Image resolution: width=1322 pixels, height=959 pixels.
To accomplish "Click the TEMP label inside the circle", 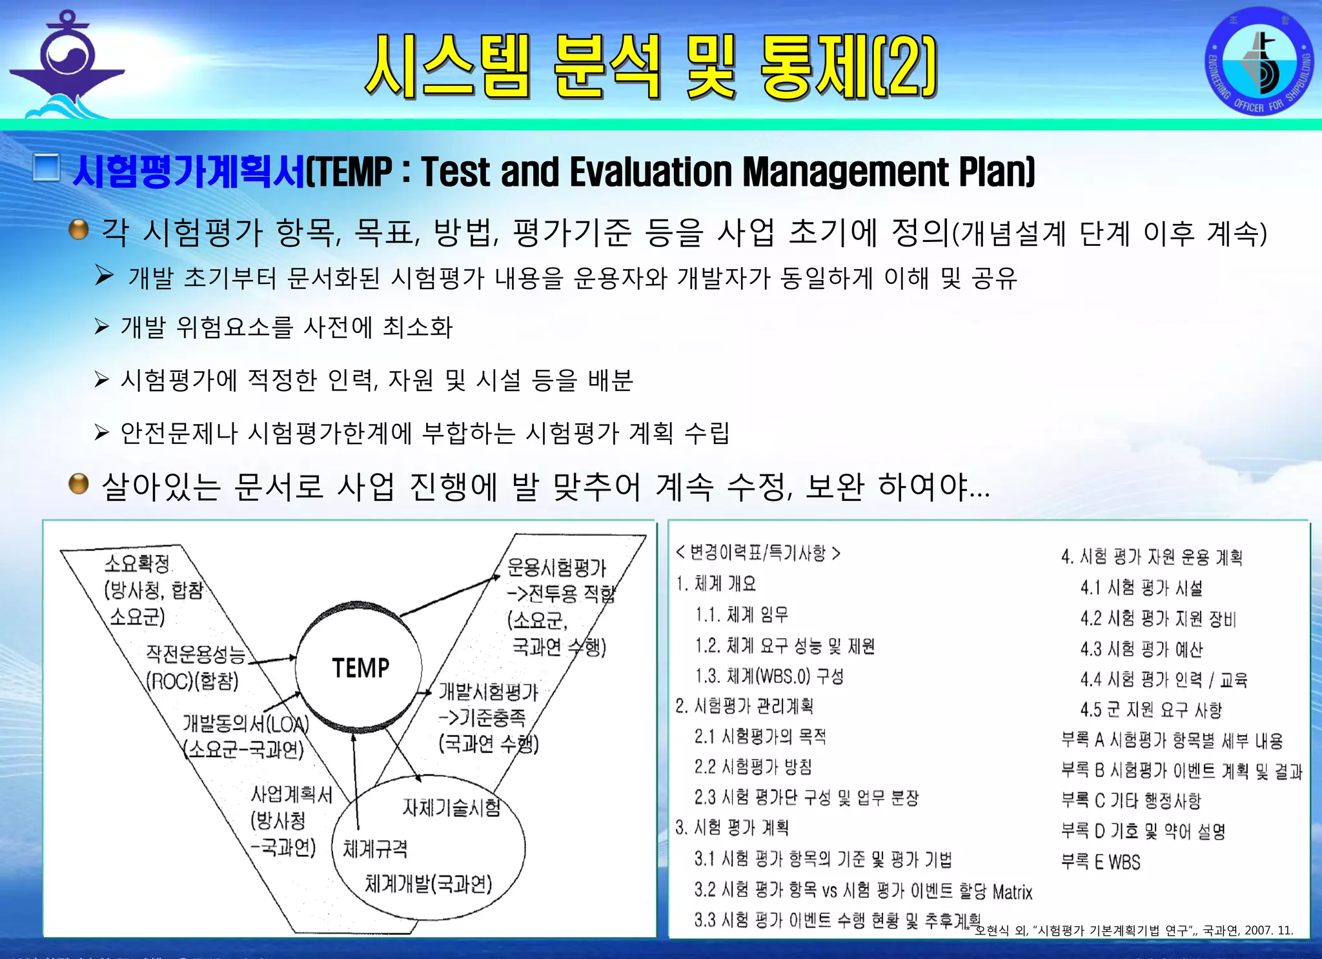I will pyautogui.click(x=360, y=668).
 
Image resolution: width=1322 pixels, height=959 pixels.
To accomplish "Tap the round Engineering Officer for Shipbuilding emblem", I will pyautogui.click(x=1259, y=62).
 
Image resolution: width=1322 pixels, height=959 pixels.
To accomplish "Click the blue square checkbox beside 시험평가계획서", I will pyautogui.click(x=46, y=168).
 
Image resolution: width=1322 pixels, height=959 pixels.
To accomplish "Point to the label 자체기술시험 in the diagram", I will pyautogui.click(x=451, y=807).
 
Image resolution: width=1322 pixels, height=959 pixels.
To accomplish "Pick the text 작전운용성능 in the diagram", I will pyautogui.click(x=196, y=654).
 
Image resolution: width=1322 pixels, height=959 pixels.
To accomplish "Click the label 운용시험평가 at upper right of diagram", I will pyautogui.click(x=556, y=567).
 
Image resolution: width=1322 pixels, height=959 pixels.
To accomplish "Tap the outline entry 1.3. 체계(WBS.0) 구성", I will pyautogui.click(x=769, y=676).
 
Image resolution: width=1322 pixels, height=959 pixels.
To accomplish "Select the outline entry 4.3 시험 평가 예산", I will pyautogui.click(x=1141, y=649).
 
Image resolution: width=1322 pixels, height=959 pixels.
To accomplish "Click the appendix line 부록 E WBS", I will pyautogui.click(x=1101, y=862).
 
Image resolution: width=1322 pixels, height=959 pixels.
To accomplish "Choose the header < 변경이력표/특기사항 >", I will pyautogui.click(x=758, y=553).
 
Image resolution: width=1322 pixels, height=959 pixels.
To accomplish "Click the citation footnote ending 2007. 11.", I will pyautogui.click(x=1134, y=930).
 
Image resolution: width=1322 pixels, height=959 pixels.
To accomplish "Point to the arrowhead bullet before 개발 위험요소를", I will pyautogui.click(x=102, y=327).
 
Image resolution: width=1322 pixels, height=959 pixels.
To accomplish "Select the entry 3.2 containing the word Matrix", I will pyautogui.click(x=863, y=891).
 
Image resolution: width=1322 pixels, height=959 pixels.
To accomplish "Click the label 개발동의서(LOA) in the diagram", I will pyautogui.click(x=245, y=723).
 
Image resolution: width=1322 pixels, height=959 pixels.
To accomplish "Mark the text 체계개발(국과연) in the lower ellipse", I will pyautogui.click(x=429, y=883).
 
